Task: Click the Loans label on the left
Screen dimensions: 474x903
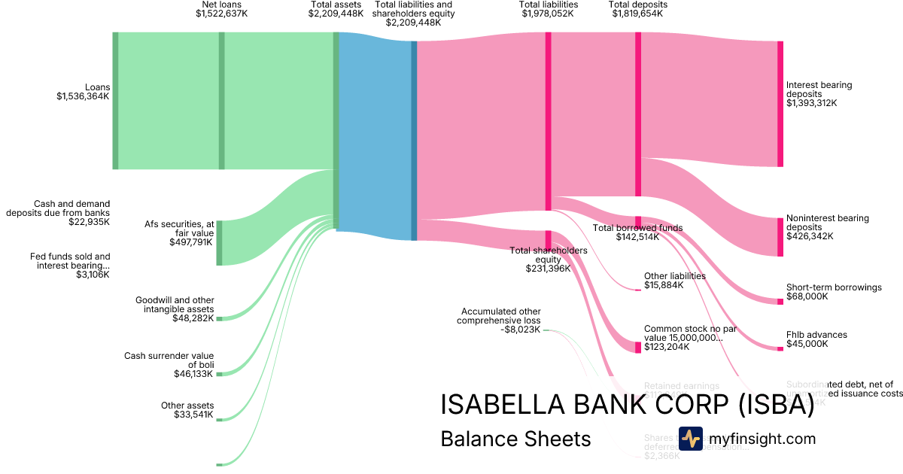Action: point(97,87)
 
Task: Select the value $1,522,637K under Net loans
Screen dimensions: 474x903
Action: point(221,14)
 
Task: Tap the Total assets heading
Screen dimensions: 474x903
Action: point(336,5)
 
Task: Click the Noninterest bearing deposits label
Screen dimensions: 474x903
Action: point(827,222)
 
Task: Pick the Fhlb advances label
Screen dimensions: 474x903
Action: point(816,335)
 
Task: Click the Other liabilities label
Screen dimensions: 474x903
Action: point(674,276)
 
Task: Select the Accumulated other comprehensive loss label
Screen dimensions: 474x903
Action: point(500,316)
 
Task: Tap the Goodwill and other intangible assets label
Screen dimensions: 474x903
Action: point(175,304)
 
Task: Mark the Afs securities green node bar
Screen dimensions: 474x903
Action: point(220,243)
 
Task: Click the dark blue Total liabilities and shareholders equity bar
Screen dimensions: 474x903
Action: point(414,140)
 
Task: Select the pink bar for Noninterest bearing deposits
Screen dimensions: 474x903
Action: point(780,237)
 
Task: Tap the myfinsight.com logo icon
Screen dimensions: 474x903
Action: point(690,439)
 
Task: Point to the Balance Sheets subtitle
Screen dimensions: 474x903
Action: point(515,439)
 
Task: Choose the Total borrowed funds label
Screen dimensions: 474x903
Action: point(637,228)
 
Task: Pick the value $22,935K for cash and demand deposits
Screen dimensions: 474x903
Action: point(88,222)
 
